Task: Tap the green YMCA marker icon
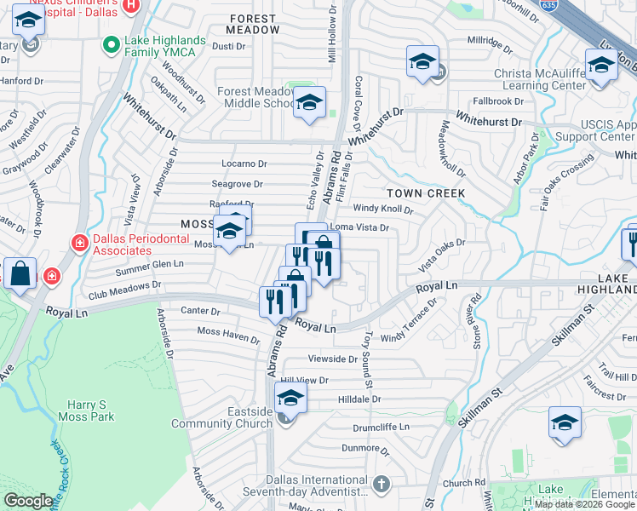pyautogui.click(x=109, y=43)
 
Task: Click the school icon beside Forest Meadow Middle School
pyautogui.click(x=309, y=103)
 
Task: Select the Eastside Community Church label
pyautogui.click(x=222, y=417)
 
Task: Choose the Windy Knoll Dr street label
pyautogui.click(x=383, y=209)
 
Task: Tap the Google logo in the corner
pyautogui.click(x=28, y=501)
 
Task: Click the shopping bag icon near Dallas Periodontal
pyautogui.click(x=20, y=274)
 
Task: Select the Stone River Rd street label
pyautogui.click(x=476, y=322)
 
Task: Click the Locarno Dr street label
pyautogui.click(x=244, y=164)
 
